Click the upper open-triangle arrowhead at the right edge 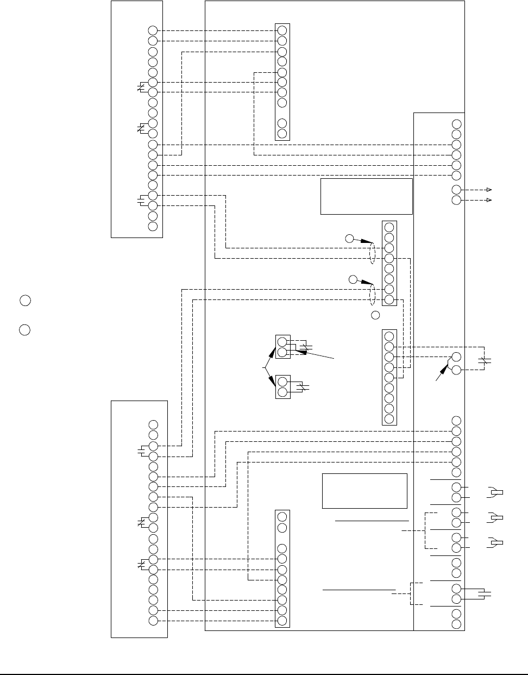point(489,190)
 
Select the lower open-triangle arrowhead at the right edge point(489,200)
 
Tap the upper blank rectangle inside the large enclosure point(367,196)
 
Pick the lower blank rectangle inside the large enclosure point(365,491)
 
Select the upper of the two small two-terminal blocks point(282,347)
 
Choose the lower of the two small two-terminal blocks point(282,387)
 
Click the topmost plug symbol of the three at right point(495,492)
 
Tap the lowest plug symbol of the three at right point(495,542)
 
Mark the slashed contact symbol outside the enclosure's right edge point(486,360)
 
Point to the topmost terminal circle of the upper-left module point(153,30)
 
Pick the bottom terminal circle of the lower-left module point(153,621)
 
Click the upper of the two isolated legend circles point(25,300)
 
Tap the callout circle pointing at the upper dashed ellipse point(349,237)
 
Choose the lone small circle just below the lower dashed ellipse point(375,315)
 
